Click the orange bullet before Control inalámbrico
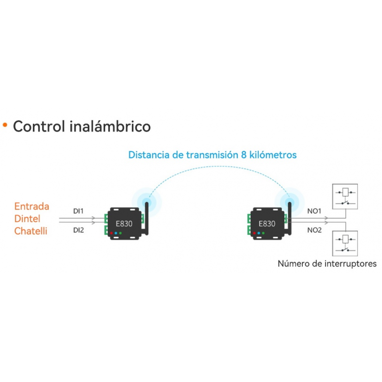pos(5,125)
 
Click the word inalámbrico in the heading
pos(110,126)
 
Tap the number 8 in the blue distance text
pos(244,155)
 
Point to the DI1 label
pos(78,211)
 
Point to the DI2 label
pos(78,230)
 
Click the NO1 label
pos(314,211)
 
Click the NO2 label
pos(315,230)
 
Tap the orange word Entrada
pos(32,206)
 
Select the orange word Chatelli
pos(31,231)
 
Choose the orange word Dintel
pos(27,219)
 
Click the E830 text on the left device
pos(124,223)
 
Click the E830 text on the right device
pos(267,223)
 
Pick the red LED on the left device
pos(111,233)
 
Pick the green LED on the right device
pos(263,233)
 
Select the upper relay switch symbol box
pos(345,197)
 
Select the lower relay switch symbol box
pos(345,244)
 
